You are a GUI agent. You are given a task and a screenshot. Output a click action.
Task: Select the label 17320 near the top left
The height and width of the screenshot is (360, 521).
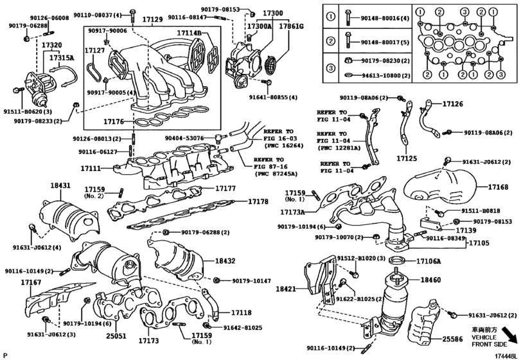pyautogui.click(x=51, y=46)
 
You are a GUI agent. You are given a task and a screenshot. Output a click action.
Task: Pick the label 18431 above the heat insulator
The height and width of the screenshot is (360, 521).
pyautogui.click(x=60, y=185)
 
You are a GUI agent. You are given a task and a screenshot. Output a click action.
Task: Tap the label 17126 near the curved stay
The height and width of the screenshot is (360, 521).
pyautogui.click(x=453, y=104)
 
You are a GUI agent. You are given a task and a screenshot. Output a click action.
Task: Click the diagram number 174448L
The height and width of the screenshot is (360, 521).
pyautogui.click(x=504, y=355)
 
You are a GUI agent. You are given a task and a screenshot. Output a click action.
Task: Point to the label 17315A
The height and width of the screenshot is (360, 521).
pyautogui.click(x=62, y=57)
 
